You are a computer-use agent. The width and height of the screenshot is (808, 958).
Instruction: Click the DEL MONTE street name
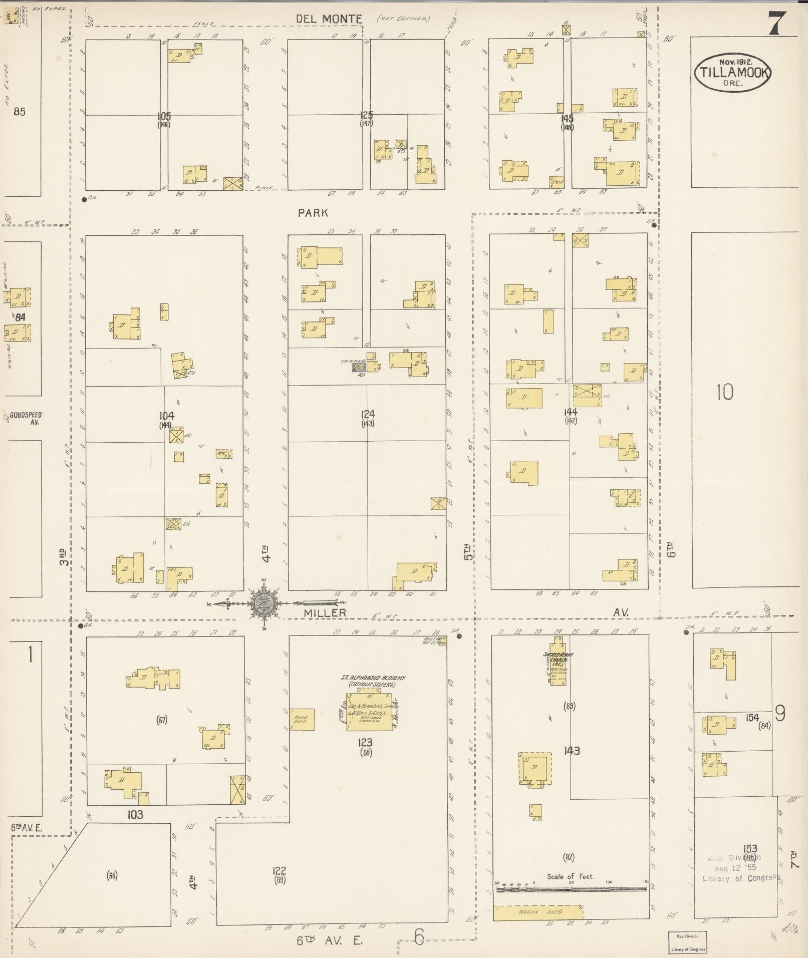[329, 19]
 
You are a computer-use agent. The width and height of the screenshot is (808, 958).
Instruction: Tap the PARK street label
[313, 213]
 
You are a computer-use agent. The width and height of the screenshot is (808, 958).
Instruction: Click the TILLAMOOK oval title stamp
[732, 73]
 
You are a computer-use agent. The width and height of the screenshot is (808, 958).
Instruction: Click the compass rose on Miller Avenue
[264, 603]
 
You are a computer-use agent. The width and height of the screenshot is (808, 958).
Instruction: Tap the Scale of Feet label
[570, 876]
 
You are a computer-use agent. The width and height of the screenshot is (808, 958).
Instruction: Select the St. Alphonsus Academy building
[370, 711]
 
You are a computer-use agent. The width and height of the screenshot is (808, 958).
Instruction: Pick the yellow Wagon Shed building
[539, 912]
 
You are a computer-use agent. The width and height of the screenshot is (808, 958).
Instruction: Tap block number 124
[367, 414]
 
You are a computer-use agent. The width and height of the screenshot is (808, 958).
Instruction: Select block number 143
[572, 751]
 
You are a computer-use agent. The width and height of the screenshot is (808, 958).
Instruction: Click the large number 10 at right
[724, 392]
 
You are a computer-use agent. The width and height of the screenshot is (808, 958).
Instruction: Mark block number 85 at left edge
[19, 111]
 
